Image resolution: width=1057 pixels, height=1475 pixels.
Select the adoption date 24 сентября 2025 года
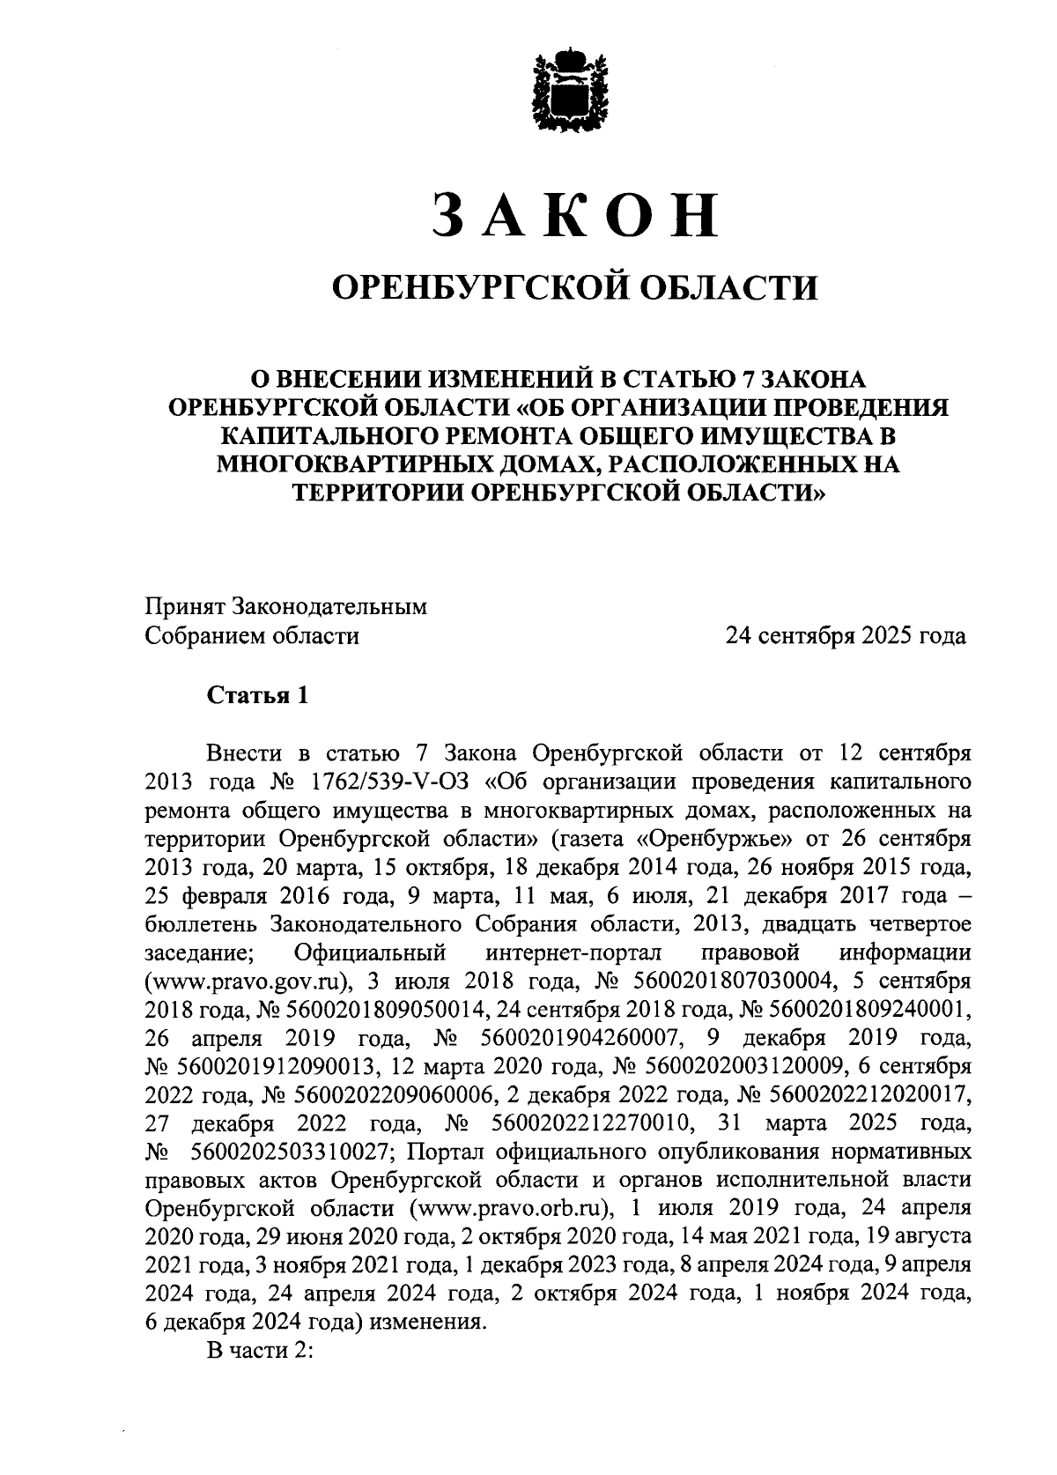[x=845, y=635]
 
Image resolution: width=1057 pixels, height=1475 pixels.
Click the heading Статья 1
[x=257, y=695]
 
